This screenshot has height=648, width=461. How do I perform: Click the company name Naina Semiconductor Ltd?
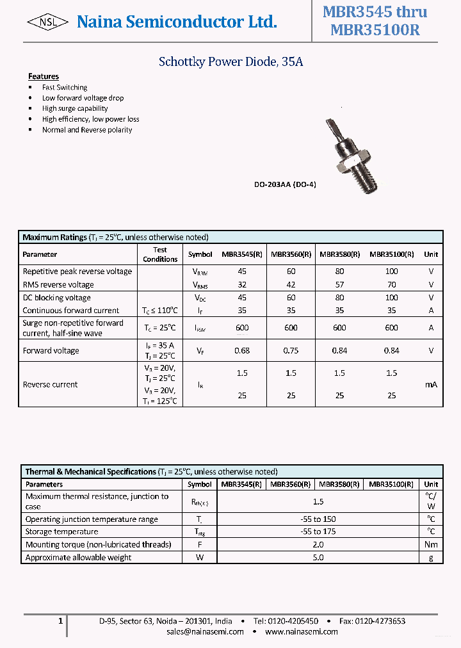pos(177,22)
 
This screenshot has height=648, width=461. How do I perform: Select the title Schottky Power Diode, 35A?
pos(230,62)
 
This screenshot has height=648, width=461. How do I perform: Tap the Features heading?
pos(44,76)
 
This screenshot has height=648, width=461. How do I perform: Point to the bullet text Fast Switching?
pos(65,87)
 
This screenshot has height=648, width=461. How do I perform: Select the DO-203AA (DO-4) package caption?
pos(285,184)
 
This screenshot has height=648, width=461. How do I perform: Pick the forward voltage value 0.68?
pos(242,350)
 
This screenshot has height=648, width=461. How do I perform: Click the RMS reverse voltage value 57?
pos(339,284)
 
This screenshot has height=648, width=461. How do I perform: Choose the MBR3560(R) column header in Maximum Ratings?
pos(291,254)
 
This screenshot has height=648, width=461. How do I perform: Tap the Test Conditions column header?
pos(160,254)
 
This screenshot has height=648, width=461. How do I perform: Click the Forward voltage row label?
pos(51,350)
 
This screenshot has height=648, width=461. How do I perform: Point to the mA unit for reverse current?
pos(431,385)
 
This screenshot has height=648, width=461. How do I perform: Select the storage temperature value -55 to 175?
pos(318,531)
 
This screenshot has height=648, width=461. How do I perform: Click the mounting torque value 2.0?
pos(318,544)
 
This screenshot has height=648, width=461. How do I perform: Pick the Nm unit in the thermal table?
pos(431,544)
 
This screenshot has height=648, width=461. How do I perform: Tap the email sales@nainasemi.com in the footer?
pos(205,631)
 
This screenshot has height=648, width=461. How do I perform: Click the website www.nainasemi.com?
pos(302,631)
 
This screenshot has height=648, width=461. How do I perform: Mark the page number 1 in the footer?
pos(60,621)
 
